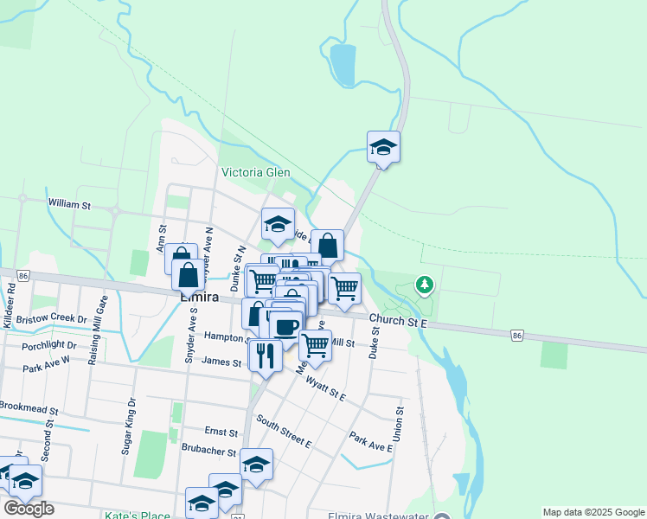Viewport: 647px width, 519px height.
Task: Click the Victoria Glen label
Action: tap(255, 171)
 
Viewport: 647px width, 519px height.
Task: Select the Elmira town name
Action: tap(197, 297)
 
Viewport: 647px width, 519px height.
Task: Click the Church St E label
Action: tap(400, 322)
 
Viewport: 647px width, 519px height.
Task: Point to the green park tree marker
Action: tap(424, 284)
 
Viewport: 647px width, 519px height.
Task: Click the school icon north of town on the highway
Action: tap(383, 148)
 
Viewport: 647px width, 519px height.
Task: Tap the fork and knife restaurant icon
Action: tap(265, 355)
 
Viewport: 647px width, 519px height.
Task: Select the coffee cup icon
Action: tap(285, 326)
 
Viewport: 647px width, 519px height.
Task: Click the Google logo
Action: tap(29, 509)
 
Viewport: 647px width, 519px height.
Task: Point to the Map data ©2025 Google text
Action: tap(593, 512)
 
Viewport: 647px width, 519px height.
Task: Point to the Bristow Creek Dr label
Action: tap(53, 319)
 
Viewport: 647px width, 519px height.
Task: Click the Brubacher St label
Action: tap(208, 452)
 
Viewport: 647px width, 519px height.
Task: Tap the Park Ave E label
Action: tap(371, 441)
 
